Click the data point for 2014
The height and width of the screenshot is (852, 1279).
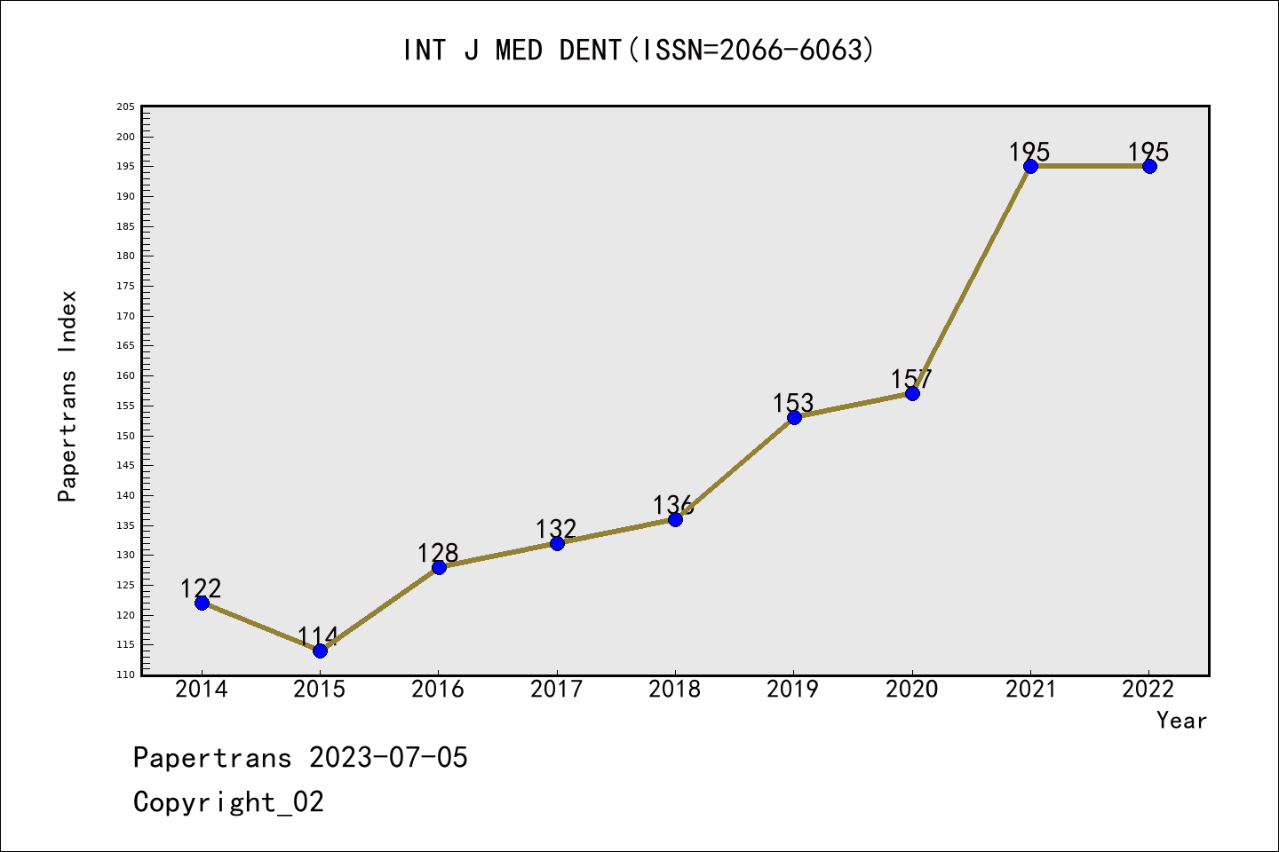click(202, 603)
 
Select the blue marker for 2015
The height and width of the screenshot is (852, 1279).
click(320, 651)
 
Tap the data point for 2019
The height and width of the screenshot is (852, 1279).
click(794, 417)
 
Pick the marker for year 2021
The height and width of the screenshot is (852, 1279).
click(1030, 166)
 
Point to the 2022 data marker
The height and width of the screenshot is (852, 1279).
click(1149, 166)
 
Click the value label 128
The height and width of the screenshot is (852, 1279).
click(438, 553)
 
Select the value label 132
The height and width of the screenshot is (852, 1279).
click(556, 529)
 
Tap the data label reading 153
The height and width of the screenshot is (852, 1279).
click(793, 403)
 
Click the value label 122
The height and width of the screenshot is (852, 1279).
click(201, 588)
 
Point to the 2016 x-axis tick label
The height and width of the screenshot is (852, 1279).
click(438, 690)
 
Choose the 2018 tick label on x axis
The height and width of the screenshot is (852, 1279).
click(675, 690)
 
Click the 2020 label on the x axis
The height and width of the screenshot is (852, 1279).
click(911, 690)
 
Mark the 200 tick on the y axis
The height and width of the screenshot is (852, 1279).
click(125, 137)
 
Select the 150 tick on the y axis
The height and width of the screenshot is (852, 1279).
click(125, 436)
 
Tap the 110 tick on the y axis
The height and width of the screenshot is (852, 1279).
click(125, 674)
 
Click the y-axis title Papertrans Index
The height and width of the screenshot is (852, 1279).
click(68, 396)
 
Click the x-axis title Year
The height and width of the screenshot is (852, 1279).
click(1181, 721)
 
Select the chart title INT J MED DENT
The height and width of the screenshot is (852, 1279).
click(639, 51)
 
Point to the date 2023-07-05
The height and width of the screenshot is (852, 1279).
click(388, 758)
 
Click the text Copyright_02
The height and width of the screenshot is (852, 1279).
click(229, 802)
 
